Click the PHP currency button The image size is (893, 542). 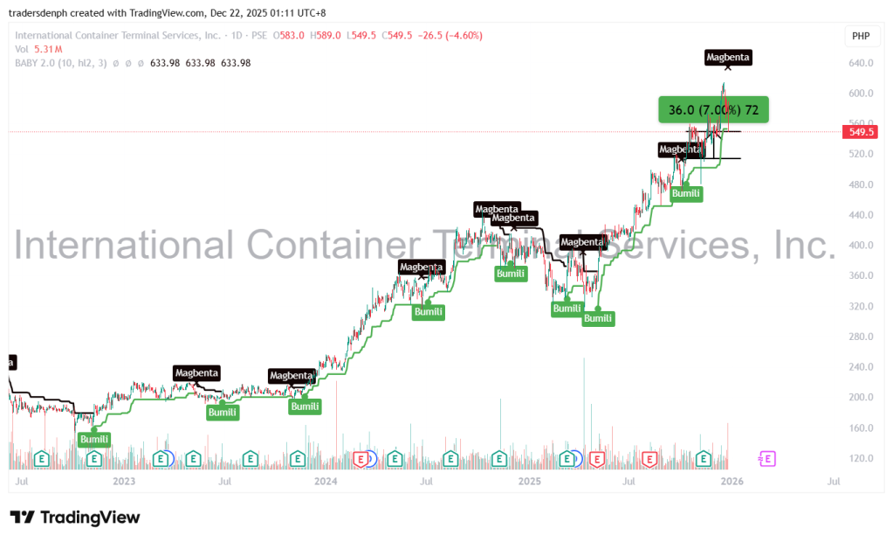860,36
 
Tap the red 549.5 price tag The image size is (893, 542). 858,132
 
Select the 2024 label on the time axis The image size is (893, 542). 326,481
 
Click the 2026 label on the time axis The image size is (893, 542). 732,481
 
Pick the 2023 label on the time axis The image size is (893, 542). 124,481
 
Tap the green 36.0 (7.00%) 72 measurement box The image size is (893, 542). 713,110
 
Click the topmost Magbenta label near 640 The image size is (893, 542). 727,58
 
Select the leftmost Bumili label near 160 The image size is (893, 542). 94,439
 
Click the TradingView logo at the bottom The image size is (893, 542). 75,517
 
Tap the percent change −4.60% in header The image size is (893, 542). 464,36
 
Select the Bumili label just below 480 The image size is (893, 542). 686,193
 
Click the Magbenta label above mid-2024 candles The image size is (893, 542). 422,266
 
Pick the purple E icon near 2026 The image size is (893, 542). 767,458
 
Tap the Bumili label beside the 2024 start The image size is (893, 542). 306,406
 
